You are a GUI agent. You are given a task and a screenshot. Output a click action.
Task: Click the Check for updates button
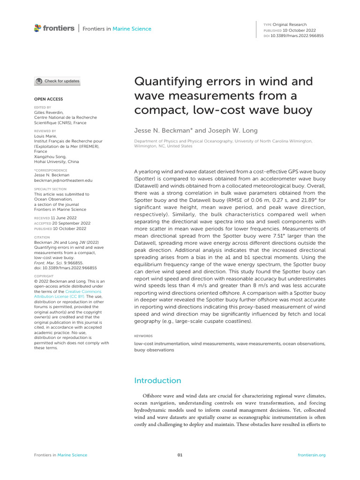coord(57,81)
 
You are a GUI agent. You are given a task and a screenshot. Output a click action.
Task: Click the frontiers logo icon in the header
coord(38,28)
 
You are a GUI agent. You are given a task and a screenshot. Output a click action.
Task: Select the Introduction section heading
coord(157,380)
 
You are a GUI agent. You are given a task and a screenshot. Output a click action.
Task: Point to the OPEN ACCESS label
coord(48,99)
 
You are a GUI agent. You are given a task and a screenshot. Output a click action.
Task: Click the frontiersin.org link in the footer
coord(312,455)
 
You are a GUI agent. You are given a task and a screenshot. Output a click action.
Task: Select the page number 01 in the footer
coord(180,455)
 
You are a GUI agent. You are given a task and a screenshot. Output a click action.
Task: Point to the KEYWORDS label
coord(143,336)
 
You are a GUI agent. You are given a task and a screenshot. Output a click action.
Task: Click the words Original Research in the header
coord(290,24)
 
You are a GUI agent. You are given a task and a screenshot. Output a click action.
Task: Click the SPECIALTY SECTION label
coord(50,189)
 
